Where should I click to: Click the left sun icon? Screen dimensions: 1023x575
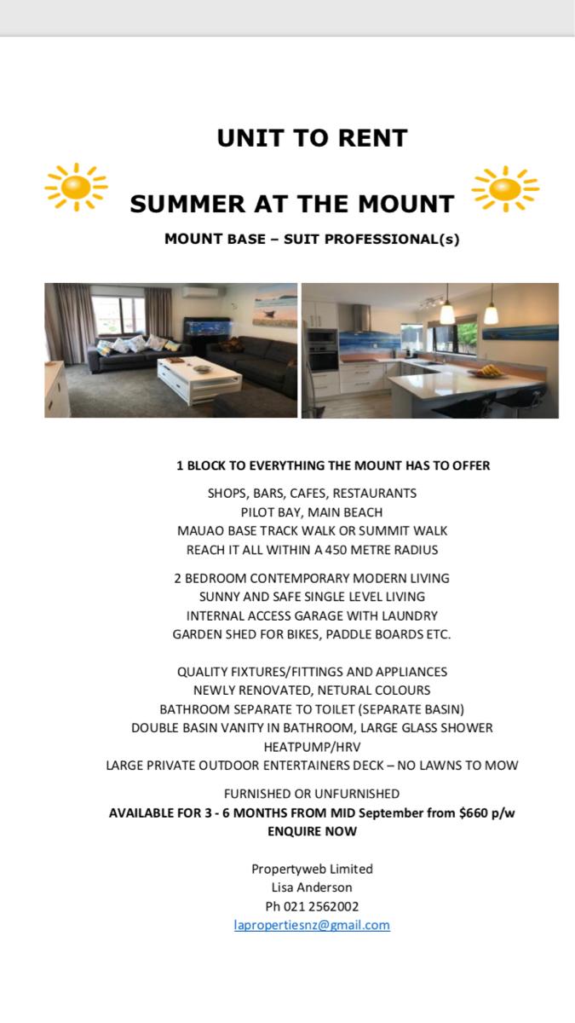point(76,187)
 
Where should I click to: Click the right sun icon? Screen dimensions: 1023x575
point(505,188)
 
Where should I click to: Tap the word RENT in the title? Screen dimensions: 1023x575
point(370,138)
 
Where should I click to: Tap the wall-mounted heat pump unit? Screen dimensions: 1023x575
point(199,292)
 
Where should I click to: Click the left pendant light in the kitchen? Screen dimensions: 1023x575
point(446,311)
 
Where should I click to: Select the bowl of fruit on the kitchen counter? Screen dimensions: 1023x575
point(489,371)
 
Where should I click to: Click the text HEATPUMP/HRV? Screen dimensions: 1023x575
point(312,747)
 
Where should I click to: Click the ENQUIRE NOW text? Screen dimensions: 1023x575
point(312,831)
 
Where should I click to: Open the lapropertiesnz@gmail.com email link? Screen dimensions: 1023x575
point(312,925)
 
